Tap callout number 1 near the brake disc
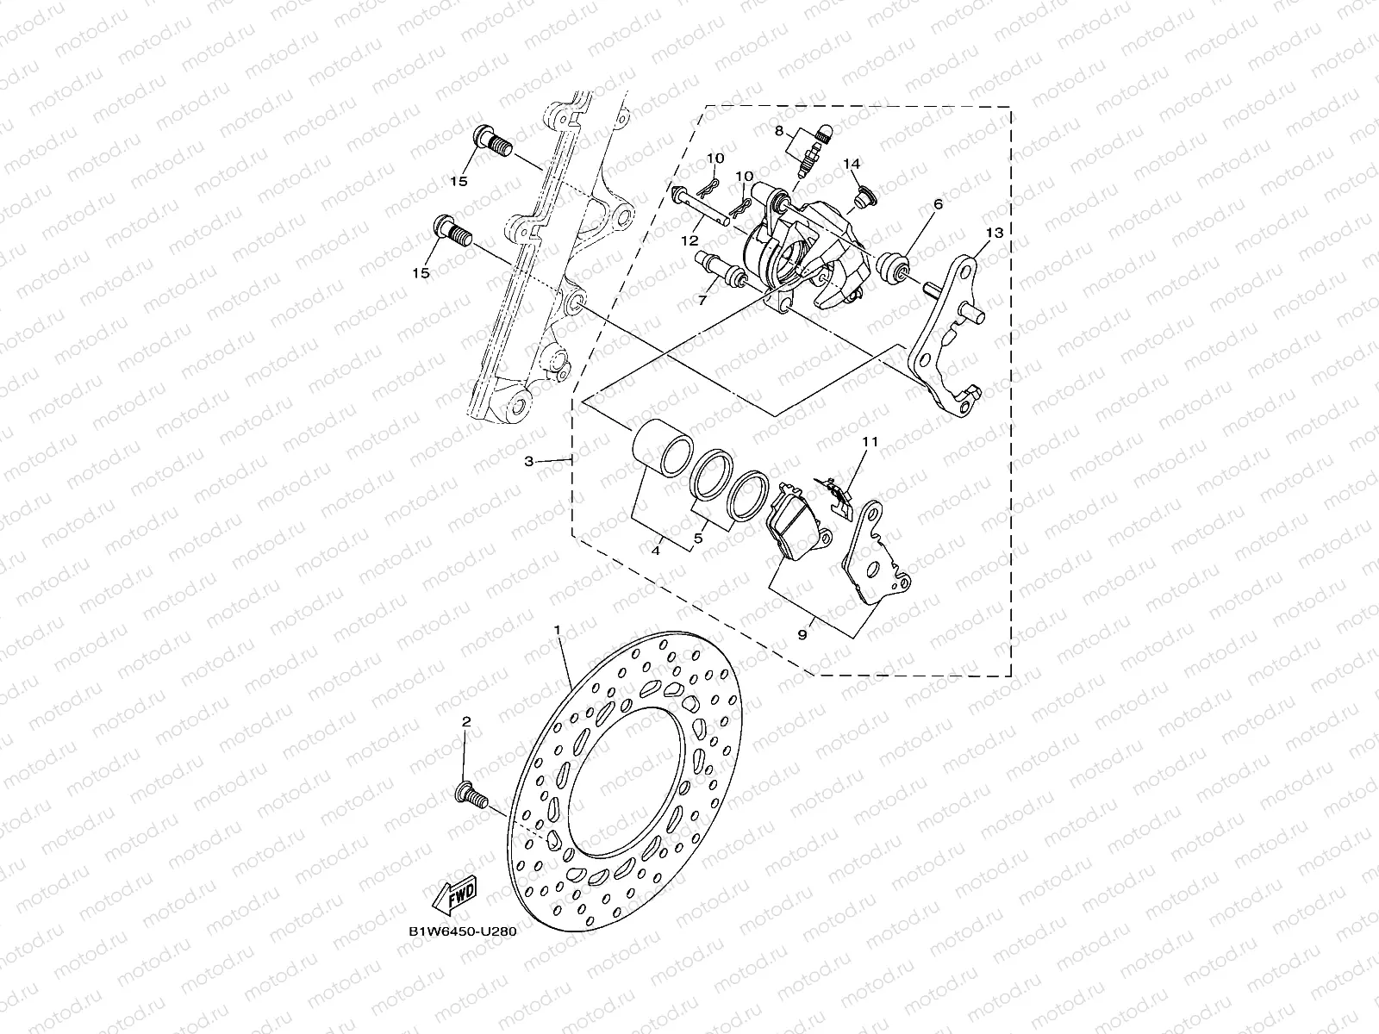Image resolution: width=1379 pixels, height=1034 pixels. (558, 632)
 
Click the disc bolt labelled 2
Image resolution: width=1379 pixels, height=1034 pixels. (470, 793)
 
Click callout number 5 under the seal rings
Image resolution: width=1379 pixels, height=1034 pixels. (698, 539)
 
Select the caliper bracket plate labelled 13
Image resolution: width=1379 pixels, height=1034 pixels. (955, 345)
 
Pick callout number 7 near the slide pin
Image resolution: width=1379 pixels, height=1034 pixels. (701, 301)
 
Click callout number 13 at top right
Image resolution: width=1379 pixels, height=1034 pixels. (994, 233)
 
